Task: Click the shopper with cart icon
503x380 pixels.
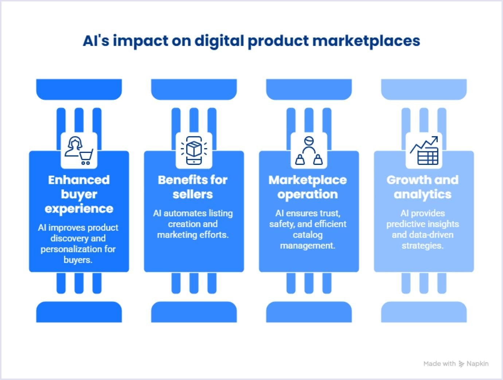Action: coord(79,150)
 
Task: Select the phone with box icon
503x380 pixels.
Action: coord(194,150)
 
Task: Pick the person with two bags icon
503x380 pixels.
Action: coord(309,150)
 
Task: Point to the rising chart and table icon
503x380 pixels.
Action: coord(424,150)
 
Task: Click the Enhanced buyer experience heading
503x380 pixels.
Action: coord(79,194)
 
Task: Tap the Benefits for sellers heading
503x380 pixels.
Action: coord(193,187)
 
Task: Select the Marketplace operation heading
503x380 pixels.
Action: coord(308,187)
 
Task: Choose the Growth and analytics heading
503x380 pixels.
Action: coord(422,187)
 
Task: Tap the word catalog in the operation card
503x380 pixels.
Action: coord(308,235)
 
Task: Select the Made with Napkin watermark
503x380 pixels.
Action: coord(456,363)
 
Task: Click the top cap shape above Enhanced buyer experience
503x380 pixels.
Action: coord(79,89)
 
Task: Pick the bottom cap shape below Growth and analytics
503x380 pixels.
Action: coord(424,312)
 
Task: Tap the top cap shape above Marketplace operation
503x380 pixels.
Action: coord(309,89)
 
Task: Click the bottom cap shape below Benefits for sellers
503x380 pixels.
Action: coord(194,312)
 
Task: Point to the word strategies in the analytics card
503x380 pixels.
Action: coord(422,246)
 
